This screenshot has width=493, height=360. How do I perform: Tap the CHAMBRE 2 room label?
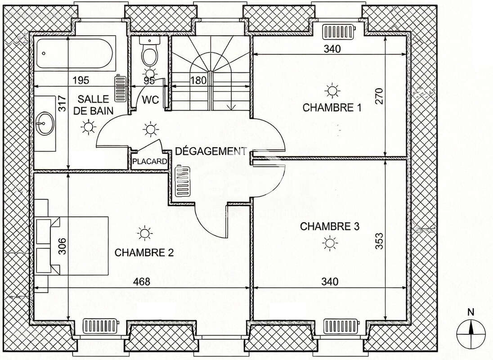tap(144, 252)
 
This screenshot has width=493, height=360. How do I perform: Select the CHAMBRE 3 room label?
tap(329, 226)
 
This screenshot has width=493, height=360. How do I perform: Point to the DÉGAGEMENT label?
tap(211, 151)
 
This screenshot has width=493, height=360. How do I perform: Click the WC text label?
tap(151, 100)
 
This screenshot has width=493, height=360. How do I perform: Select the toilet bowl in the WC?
tap(148, 52)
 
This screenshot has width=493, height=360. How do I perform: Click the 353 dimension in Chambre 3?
tap(379, 242)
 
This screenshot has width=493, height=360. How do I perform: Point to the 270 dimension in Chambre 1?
tap(379, 96)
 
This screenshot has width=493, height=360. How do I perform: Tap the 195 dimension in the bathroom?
tap(81, 81)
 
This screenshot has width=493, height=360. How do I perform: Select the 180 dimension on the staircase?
tap(198, 81)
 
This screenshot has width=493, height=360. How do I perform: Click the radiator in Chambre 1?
tap(338, 32)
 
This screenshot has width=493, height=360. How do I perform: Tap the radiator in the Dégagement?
tap(182, 180)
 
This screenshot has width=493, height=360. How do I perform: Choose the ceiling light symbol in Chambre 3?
tap(330, 243)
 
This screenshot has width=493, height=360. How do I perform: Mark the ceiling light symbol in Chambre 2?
tap(144, 233)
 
